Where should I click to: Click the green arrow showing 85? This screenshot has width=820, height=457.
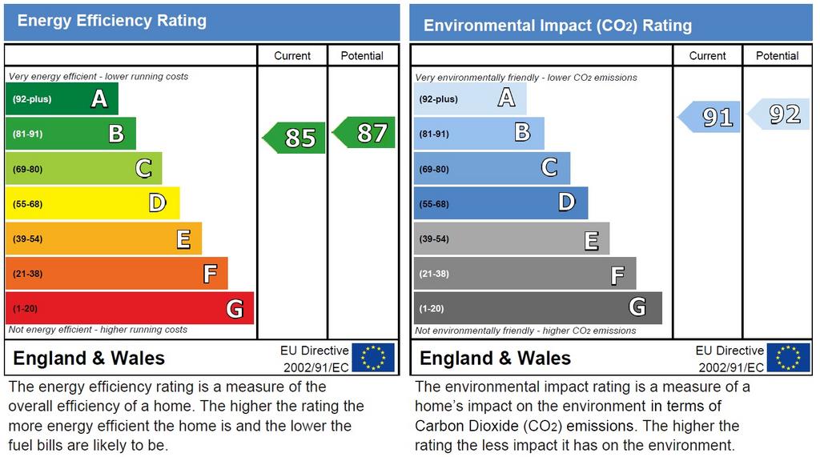294,138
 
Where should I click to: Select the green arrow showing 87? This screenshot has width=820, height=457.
364,132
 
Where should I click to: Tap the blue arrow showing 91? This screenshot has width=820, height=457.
709,117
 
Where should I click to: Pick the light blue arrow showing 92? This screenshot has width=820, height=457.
778,114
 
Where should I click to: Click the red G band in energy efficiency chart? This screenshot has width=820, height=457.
130,308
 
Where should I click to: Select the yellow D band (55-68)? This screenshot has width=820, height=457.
93,202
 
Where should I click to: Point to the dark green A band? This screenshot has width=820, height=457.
62,98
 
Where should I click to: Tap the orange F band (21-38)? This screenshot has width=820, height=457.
117,273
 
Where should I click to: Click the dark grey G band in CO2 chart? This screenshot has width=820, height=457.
538,308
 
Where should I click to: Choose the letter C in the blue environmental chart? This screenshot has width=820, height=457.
549,168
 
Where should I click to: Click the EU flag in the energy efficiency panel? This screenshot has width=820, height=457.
373,358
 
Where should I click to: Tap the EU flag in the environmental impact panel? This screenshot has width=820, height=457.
788,358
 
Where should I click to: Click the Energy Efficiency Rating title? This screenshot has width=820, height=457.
112,21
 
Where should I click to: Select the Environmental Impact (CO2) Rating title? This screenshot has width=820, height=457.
557,25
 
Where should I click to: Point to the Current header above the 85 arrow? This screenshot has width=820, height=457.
292,56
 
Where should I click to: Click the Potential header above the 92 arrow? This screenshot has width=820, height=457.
777,56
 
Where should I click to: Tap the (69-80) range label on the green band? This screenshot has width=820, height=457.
28,169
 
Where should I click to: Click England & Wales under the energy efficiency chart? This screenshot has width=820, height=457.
89,359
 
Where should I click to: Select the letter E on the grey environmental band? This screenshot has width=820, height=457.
592,241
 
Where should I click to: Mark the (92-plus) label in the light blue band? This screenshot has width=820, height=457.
438,98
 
